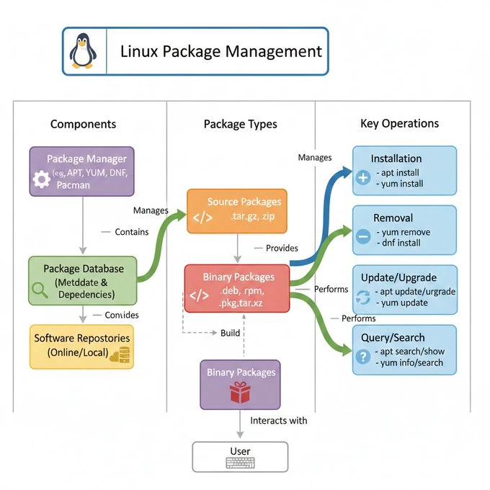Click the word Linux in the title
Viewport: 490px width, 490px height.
coord(139,52)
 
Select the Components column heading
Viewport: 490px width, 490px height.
coord(83,124)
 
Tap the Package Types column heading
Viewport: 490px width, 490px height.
coord(240,124)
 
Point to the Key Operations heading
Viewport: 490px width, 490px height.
coord(399,123)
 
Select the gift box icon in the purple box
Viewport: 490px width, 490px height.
coord(239,393)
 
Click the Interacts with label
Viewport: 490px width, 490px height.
coord(279,420)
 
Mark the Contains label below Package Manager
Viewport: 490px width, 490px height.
coord(131,232)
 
